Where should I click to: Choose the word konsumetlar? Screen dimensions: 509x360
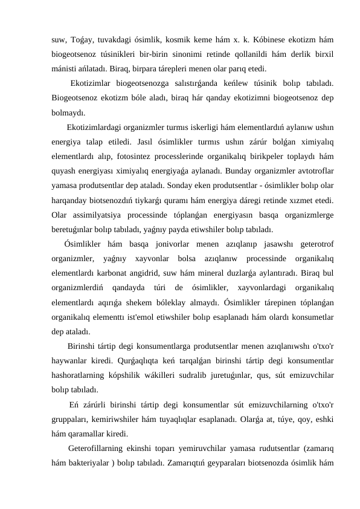click(x=310, y=317)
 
